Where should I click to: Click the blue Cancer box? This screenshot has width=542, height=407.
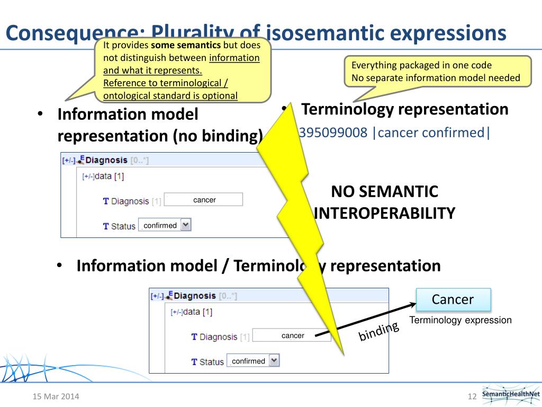click(453, 299)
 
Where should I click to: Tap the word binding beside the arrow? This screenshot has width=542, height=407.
click(378, 332)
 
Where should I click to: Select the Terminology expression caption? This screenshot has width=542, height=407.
click(460, 320)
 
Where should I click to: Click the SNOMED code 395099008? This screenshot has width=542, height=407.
click(333, 132)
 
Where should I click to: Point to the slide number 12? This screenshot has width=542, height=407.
click(472, 396)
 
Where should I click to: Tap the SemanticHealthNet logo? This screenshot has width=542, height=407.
click(510, 394)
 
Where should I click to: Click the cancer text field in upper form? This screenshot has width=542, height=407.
click(204, 200)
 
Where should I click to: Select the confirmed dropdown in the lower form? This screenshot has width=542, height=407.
click(252, 361)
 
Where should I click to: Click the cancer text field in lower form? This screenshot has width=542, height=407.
click(293, 335)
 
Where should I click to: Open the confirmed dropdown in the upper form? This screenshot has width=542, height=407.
click(165, 225)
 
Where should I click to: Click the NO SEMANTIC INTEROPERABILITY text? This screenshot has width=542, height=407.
click(384, 202)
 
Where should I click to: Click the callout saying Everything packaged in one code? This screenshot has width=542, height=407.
click(437, 72)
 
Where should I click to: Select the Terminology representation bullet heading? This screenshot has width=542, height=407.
click(404, 109)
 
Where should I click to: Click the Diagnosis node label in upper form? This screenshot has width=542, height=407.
click(106, 160)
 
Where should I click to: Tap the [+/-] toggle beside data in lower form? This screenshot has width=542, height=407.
click(176, 313)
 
